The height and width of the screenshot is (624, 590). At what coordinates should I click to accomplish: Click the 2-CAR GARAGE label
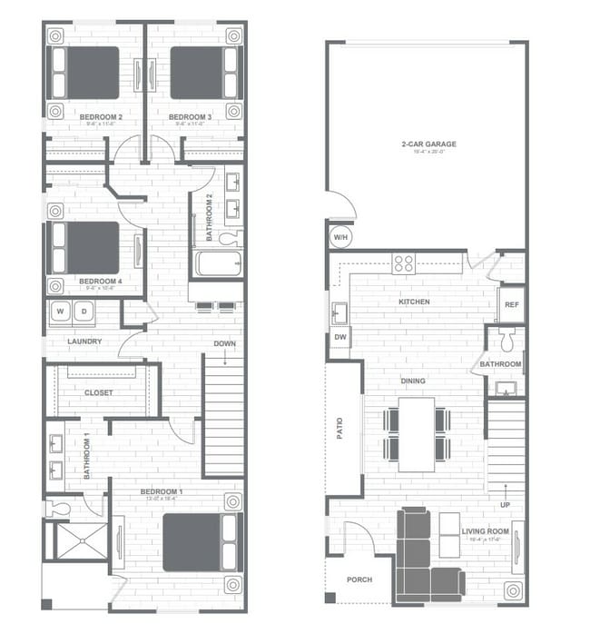(428, 144)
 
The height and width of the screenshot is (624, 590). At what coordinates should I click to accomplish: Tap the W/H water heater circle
(340, 236)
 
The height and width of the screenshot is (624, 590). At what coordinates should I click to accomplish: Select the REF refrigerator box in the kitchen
(511, 305)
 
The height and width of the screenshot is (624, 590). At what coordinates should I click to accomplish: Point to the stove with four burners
(404, 263)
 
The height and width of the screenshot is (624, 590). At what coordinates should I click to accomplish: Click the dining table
(417, 433)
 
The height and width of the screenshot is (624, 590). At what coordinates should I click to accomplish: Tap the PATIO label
(340, 429)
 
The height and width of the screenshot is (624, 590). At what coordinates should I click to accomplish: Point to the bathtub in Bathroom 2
(218, 263)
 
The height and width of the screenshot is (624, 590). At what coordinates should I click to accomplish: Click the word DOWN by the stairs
(225, 343)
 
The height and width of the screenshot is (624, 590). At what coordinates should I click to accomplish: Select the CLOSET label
(98, 392)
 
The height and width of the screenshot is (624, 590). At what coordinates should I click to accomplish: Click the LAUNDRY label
(84, 342)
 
